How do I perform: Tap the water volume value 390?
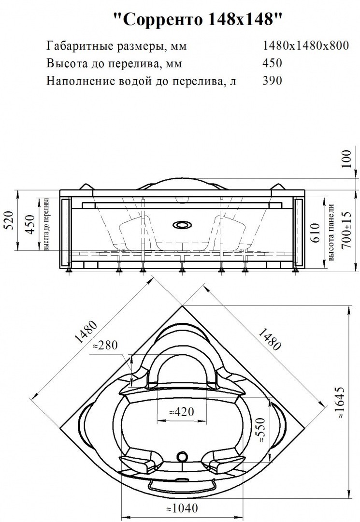point(272,81)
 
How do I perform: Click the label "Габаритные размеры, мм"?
point(116,46)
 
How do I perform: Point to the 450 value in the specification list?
point(272,63)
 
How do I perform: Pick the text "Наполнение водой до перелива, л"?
point(142,81)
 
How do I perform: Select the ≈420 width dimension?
point(182,412)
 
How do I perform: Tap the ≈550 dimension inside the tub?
point(261,431)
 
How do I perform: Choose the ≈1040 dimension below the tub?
point(181,508)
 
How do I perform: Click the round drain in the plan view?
point(182,456)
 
